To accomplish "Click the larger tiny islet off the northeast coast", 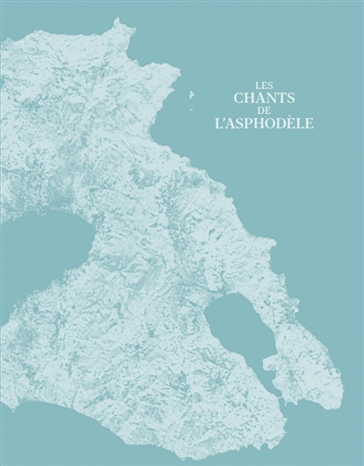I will click(192, 94).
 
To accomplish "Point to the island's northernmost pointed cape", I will click(117, 19).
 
